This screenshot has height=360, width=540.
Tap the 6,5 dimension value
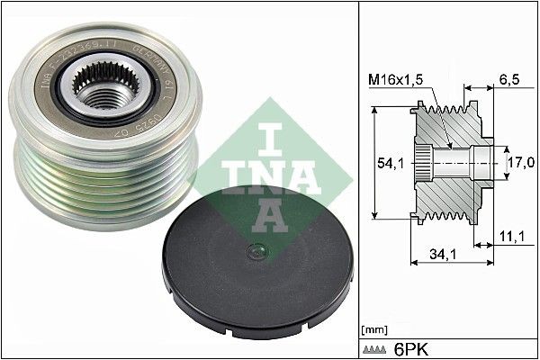pos(510,79)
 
